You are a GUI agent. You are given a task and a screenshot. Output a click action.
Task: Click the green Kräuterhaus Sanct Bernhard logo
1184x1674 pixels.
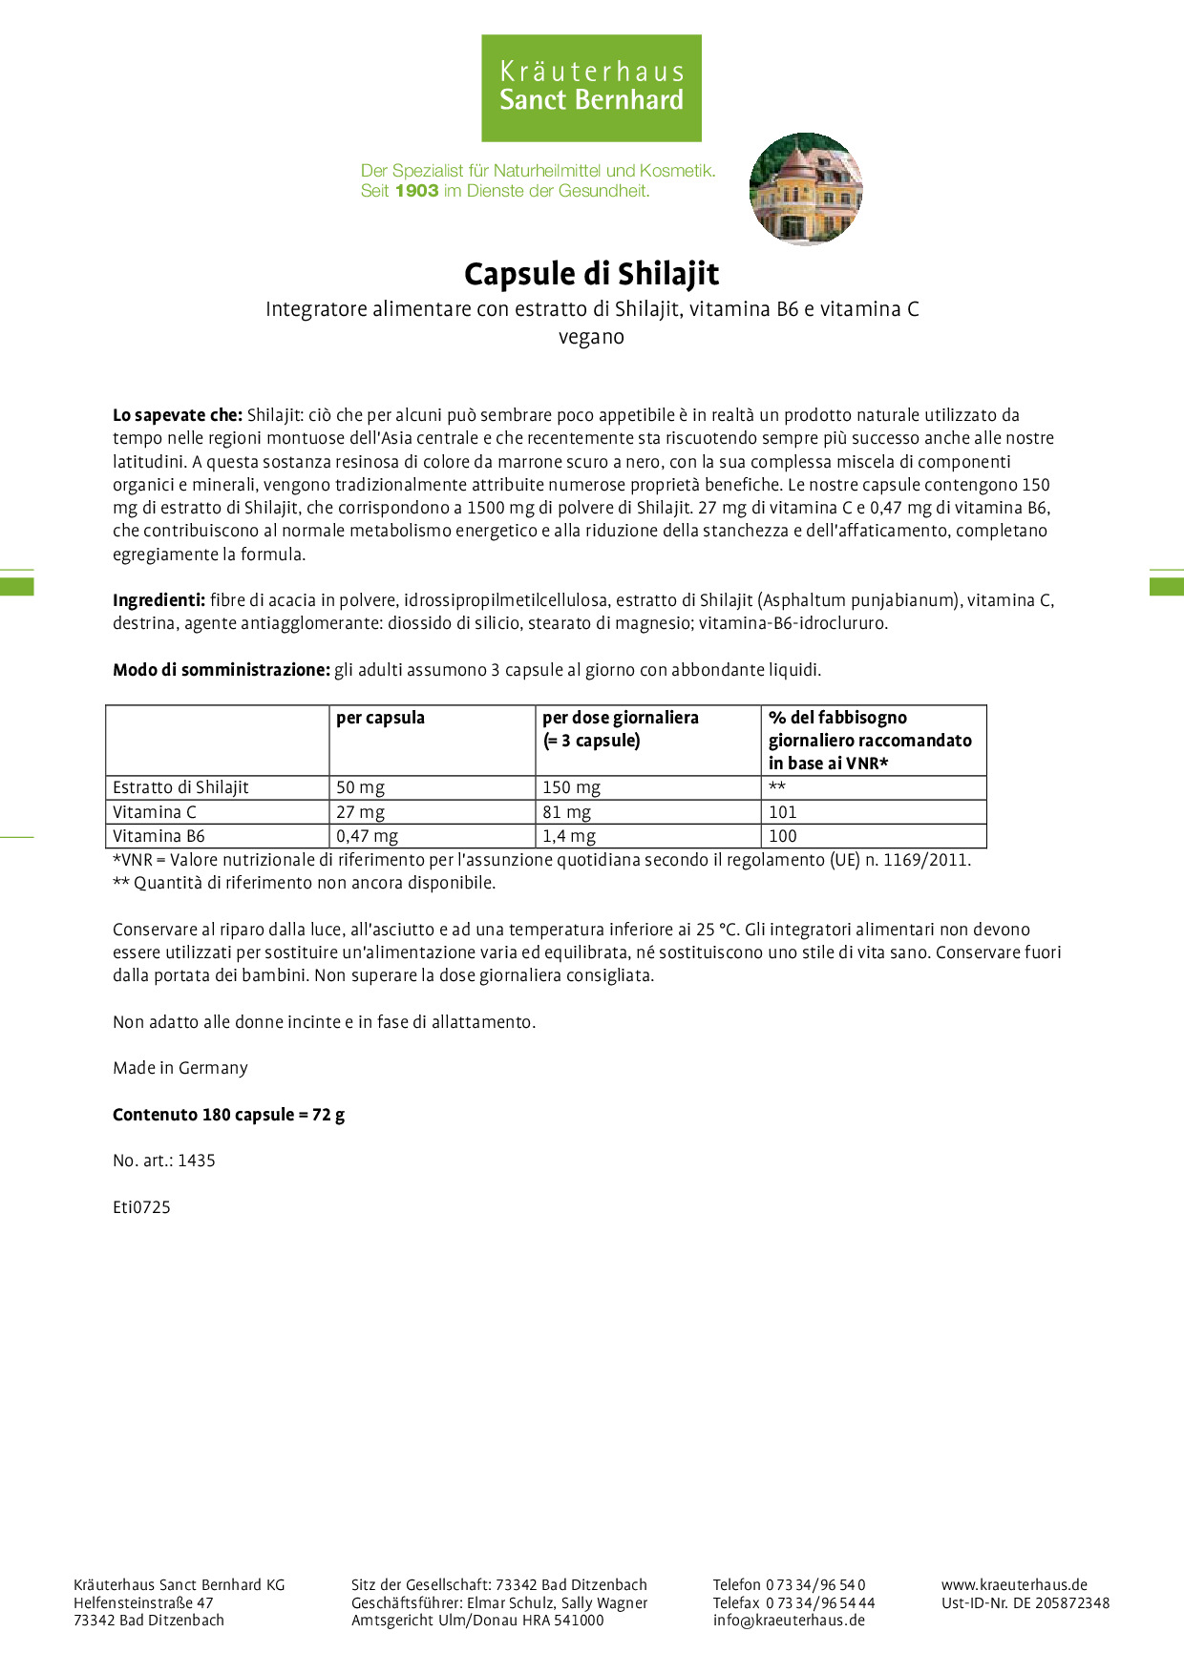point(591,88)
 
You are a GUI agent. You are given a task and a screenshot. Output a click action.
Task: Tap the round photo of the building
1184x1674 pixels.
point(806,189)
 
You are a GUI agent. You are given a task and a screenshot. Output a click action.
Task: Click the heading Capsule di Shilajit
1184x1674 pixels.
point(591,274)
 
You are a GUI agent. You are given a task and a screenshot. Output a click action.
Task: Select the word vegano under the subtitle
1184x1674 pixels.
point(591,337)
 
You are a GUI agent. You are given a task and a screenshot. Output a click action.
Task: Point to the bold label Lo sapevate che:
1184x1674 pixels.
point(178,415)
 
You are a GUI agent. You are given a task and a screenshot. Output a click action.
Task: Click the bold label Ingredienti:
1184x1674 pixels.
point(159,600)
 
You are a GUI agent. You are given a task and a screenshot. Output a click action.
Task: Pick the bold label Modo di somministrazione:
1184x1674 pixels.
point(222,670)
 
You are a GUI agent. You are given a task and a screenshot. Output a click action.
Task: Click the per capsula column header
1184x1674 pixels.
point(380,718)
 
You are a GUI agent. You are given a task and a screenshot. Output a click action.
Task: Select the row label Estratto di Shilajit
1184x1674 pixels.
point(180,787)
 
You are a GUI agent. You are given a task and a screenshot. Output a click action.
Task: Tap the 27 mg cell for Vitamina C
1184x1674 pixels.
point(360,812)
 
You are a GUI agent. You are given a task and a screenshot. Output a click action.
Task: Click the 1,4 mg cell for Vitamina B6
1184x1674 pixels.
point(569,836)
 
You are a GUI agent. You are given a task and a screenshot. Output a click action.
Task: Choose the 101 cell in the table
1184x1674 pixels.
point(782,812)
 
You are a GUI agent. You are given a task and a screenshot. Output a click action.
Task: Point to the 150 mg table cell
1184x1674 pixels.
point(571,787)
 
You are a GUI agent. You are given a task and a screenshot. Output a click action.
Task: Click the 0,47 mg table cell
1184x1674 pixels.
point(367,836)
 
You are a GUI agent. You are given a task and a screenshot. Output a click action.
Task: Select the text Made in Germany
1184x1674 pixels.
point(180,1068)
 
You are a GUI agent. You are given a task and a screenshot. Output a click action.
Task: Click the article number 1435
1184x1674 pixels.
point(197,1161)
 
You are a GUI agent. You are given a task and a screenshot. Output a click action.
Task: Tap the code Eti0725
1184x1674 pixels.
point(141,1207)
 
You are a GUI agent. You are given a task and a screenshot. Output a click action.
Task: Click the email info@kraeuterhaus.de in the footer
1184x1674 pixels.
point(789,1620)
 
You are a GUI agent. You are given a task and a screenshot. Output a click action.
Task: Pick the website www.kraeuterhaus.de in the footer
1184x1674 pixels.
point(1014,1584)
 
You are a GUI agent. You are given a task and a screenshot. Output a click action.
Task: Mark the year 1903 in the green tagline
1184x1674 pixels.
point(416,191)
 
